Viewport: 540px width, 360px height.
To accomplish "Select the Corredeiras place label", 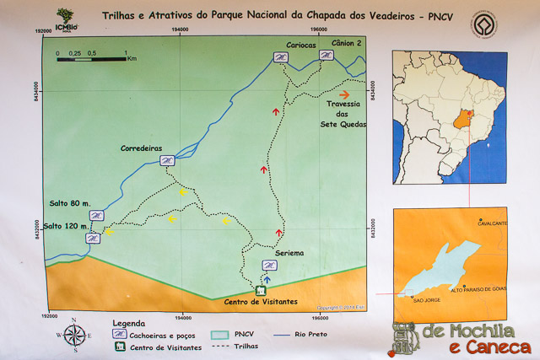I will tap(140, 147).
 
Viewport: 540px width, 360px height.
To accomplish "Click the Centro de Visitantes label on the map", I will tap(260, 301).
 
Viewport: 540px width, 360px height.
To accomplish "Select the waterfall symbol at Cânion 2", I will tap(326, 56).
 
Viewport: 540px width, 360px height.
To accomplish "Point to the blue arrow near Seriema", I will tap(267, 278).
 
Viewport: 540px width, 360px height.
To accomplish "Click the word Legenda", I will tap(127, 323).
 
